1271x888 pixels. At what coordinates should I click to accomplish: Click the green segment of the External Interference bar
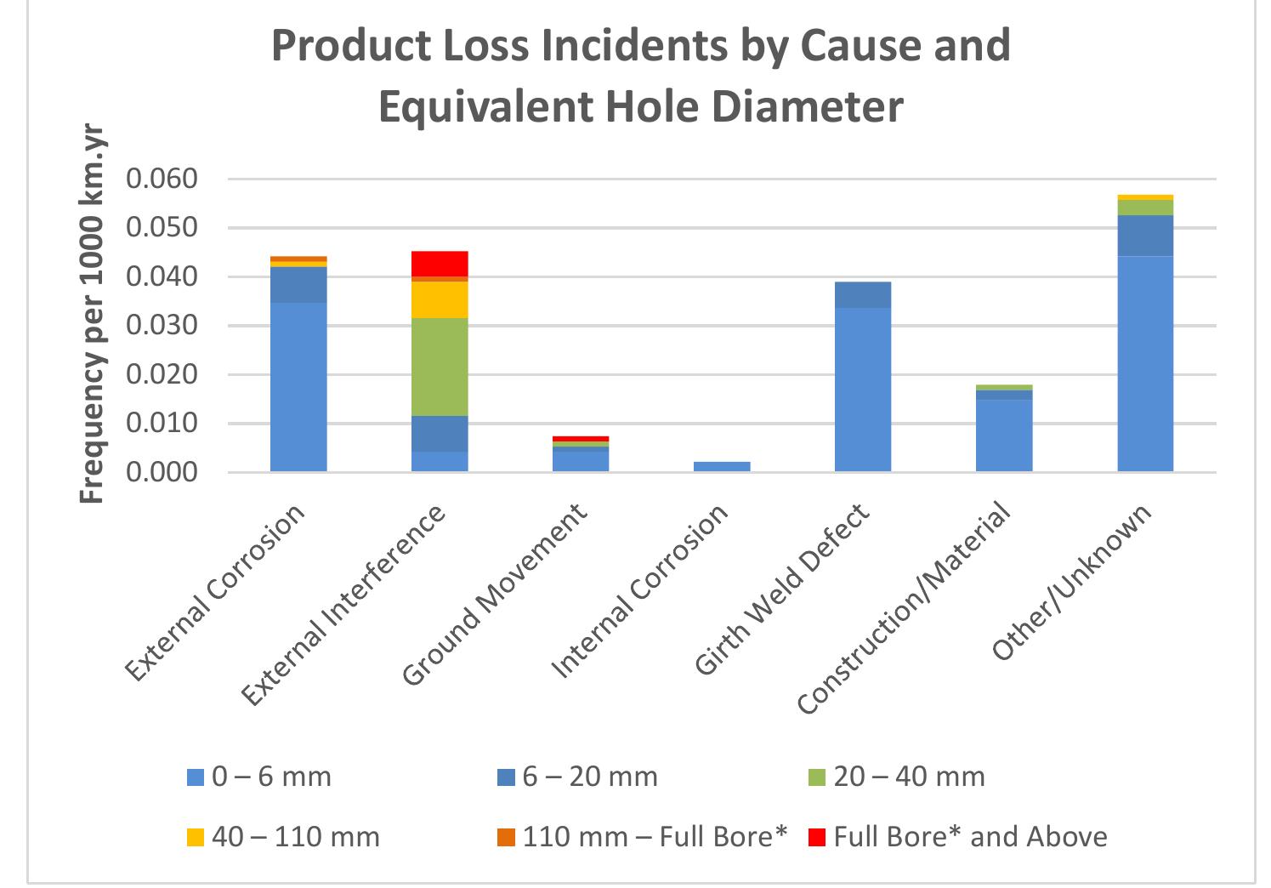coord(440,367)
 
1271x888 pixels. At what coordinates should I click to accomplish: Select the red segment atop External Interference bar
coord(440,264)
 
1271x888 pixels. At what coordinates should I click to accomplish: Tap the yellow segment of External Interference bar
coord(440,299)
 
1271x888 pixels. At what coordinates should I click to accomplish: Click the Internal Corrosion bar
coord(722,466)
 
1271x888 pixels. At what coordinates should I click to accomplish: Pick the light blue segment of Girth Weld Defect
coord(863,390)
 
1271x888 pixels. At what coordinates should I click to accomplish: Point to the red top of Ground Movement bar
coord(581,439)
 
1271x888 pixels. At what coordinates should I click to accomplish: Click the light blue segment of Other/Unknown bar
coord(1145,363)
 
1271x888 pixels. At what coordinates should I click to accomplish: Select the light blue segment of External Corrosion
coord(298,387)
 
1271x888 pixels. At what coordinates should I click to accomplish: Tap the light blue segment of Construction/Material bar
coord(1004,435)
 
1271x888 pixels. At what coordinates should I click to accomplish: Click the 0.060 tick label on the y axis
coord(162,179)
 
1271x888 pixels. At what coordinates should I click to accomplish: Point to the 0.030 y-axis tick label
coord(162,326)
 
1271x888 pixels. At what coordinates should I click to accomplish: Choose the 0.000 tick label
coord(162,472)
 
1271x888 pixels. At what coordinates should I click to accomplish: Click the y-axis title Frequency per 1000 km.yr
coord(92,315)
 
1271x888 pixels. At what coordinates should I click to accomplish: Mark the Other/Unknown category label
coord(1072,583)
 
